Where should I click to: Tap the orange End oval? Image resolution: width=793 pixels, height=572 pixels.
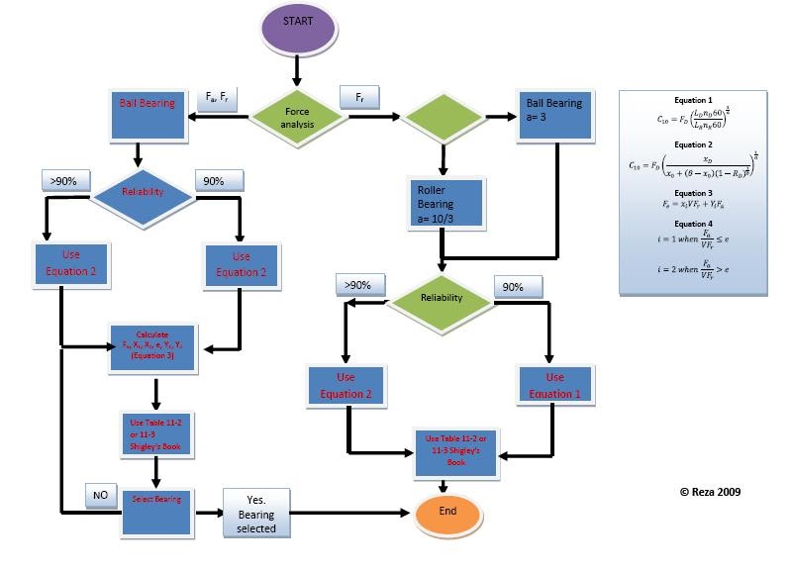coord(447,513)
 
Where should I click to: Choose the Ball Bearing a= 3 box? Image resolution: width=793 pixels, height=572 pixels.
coord(554,117)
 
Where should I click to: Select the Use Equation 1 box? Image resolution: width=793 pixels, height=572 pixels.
coord(554,385)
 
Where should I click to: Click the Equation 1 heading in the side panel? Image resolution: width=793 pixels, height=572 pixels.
coord(693,100)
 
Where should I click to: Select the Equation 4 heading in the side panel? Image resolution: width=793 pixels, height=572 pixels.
coord(693,224)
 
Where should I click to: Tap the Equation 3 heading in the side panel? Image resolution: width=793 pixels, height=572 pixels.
coord(693,193)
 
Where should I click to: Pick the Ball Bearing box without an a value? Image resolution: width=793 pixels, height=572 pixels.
coord(147,115)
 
